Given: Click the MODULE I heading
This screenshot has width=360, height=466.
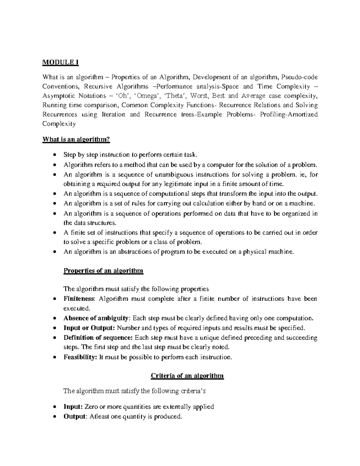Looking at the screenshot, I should (x=60, y=62).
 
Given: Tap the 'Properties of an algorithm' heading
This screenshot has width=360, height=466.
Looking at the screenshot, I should (x=103, y=271).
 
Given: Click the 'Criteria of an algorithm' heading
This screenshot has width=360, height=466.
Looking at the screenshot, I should (x=187, y=376).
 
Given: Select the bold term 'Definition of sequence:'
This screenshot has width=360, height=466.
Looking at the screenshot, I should (x=98, y=338).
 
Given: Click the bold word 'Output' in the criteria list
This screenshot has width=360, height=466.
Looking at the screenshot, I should (x=75, y=416).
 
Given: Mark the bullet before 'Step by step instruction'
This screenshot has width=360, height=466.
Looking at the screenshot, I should (x=54, y=155).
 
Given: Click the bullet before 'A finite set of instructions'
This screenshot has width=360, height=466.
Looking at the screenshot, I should (x=54, y=233).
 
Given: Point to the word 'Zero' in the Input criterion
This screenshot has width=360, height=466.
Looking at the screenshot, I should (x=91, y=407).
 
